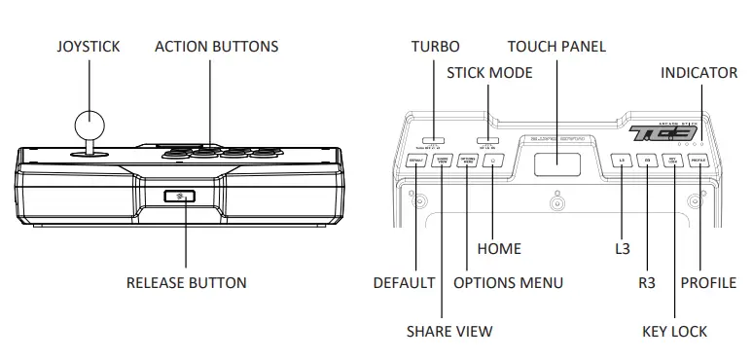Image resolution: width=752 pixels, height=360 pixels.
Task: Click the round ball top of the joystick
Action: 90,125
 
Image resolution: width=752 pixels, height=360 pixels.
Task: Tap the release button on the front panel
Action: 179,197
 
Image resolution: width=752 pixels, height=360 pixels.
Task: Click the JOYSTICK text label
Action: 90,47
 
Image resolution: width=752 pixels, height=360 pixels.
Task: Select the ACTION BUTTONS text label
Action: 217,47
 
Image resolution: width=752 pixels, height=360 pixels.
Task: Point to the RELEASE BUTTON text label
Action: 186,283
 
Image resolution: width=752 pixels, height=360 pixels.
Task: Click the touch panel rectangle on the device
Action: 557,163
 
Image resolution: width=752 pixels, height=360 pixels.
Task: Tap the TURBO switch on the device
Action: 435,140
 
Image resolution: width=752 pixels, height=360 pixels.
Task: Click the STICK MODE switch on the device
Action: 487,140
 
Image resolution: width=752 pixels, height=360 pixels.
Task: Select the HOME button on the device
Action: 494,162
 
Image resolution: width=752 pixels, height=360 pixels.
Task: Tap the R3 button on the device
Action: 648,162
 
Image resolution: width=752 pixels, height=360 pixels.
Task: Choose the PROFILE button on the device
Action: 698,162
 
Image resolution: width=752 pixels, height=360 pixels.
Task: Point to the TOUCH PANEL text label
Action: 556,47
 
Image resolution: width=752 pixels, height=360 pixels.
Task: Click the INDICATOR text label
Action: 698,73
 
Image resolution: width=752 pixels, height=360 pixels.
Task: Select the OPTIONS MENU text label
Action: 509,283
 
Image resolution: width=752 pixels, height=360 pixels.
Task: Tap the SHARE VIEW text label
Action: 448,331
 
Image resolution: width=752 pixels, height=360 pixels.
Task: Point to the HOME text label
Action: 499,249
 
